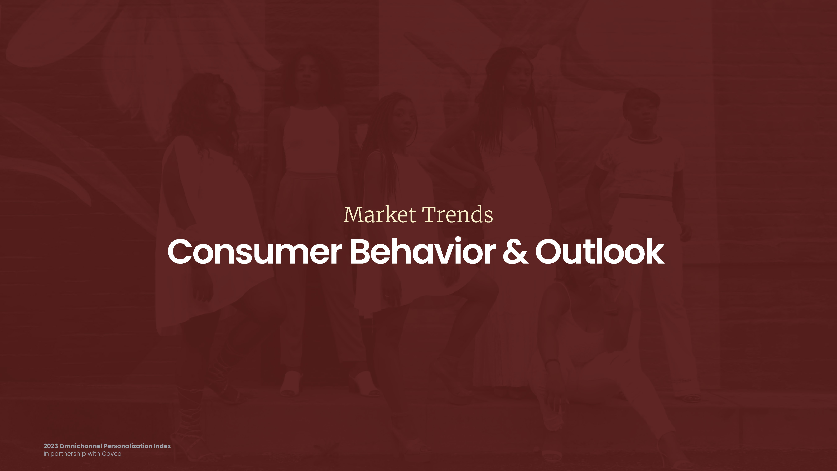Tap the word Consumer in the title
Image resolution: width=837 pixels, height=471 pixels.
[255, 252]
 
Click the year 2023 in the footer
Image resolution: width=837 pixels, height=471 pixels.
[51, 446]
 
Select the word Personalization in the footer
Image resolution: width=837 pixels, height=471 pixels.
[128, 446]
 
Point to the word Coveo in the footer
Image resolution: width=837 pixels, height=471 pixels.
[112, 454]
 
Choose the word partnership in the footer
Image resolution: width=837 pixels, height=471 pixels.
[68, 454]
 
